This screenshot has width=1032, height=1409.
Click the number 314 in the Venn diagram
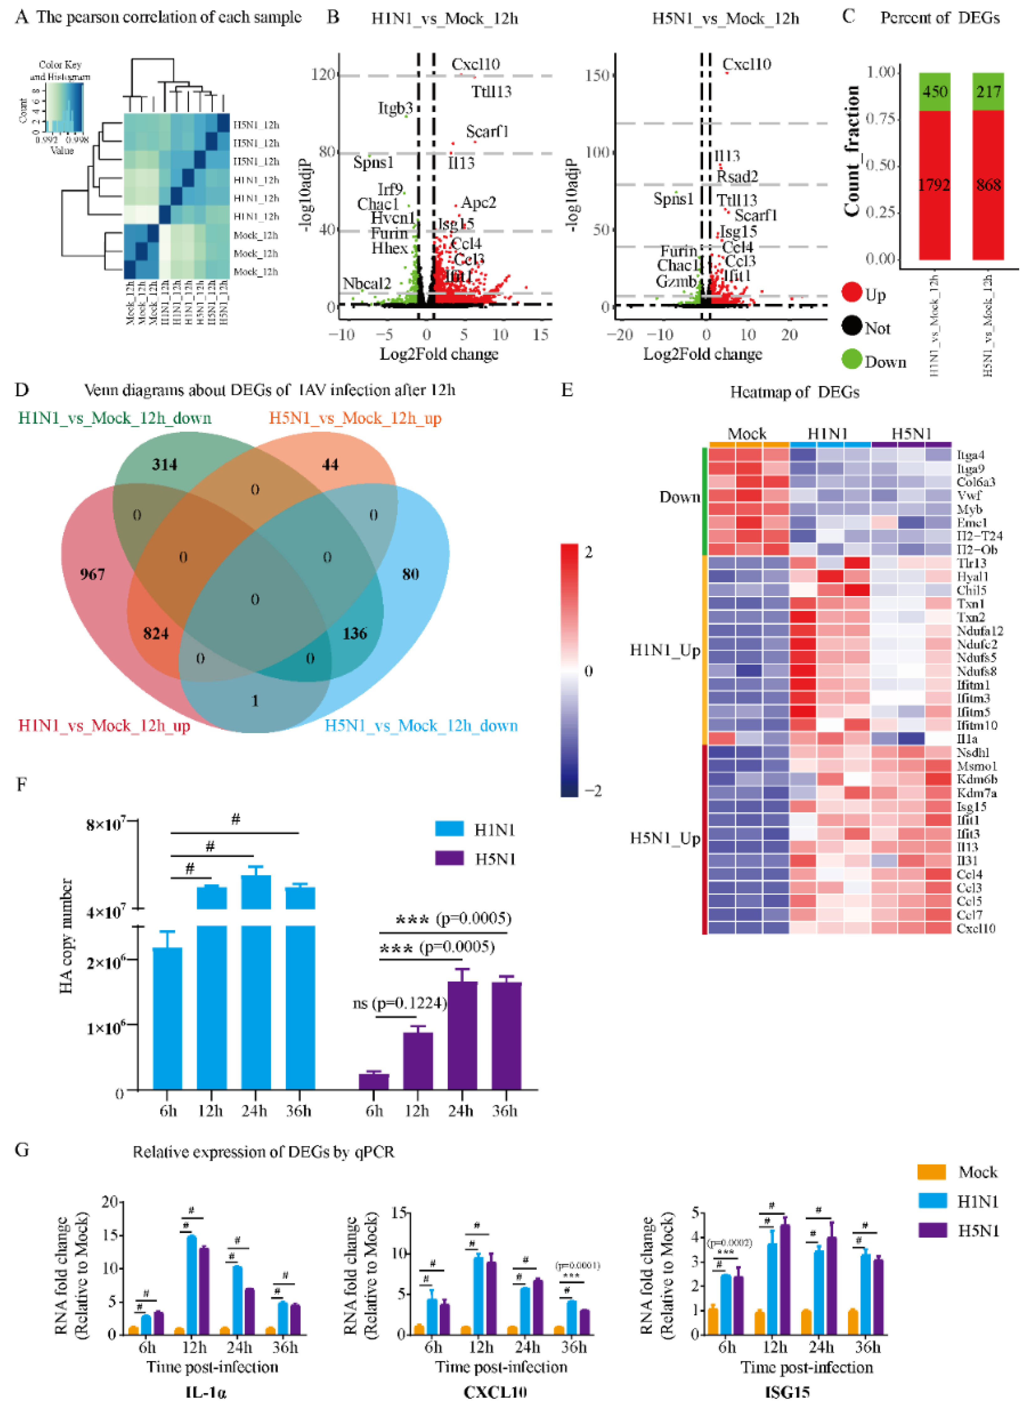click(164, 465)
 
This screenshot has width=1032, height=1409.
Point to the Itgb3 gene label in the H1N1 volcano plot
click(395, 109)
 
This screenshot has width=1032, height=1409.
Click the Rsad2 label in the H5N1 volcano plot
click(737, 177)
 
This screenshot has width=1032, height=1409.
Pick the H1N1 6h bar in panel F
click(168, 1018)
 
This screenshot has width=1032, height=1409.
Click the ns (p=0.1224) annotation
click(400, 1003)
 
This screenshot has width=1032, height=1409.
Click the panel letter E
click(567, 390)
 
